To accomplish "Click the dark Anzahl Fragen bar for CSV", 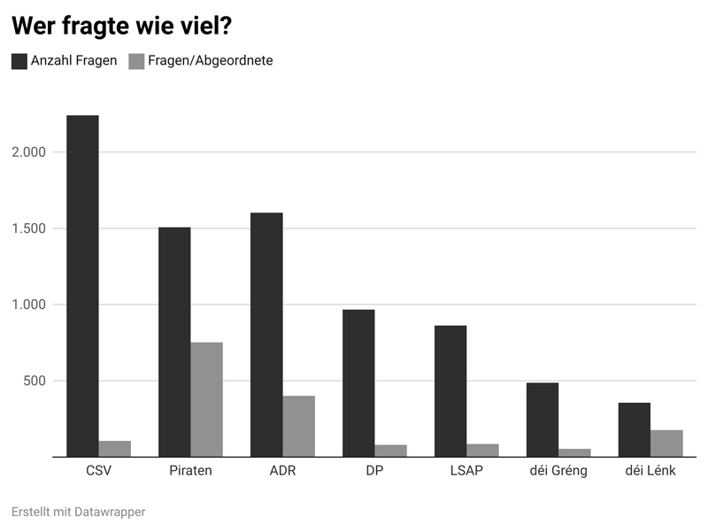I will tap(82, 286).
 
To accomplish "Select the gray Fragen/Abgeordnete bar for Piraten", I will tap(206, 399).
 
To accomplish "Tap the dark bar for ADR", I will tap(266, 335).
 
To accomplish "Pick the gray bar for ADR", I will tap(298, 426).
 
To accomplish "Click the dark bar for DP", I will tap(358, 383).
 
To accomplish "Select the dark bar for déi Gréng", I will tap(543, 420).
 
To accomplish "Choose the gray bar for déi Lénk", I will tap(666, 443).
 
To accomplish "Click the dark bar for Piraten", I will tap(174, 342).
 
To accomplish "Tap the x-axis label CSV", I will tap(98, 471).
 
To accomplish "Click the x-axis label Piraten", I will tap(190, 471).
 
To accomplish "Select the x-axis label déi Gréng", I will tap(558, 471).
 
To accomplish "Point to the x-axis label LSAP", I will tap(466, 471).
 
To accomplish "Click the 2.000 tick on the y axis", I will tap(28, 152).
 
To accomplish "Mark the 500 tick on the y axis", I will tap(35, 382).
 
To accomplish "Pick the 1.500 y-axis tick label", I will tap(28, 228).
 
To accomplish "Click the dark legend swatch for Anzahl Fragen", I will tap(19, 61).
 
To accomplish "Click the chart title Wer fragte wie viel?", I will tap(121, 26).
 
